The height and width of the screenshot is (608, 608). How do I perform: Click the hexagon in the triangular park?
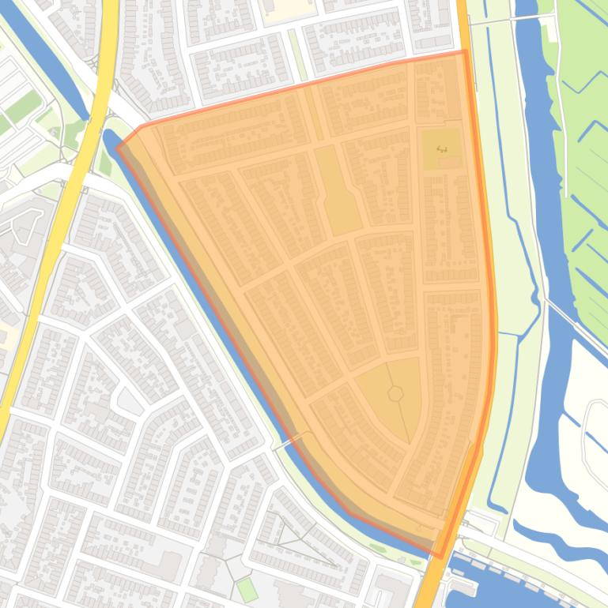pos(395,392)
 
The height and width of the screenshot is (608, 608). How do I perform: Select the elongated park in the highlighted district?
pos(338,190)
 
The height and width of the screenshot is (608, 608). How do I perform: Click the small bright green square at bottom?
pos(247,589)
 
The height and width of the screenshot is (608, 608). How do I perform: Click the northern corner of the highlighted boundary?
pos(464,51)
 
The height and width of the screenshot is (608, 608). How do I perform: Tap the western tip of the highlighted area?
pos(118,145)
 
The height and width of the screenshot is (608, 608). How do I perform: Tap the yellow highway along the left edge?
pos(47,253)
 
